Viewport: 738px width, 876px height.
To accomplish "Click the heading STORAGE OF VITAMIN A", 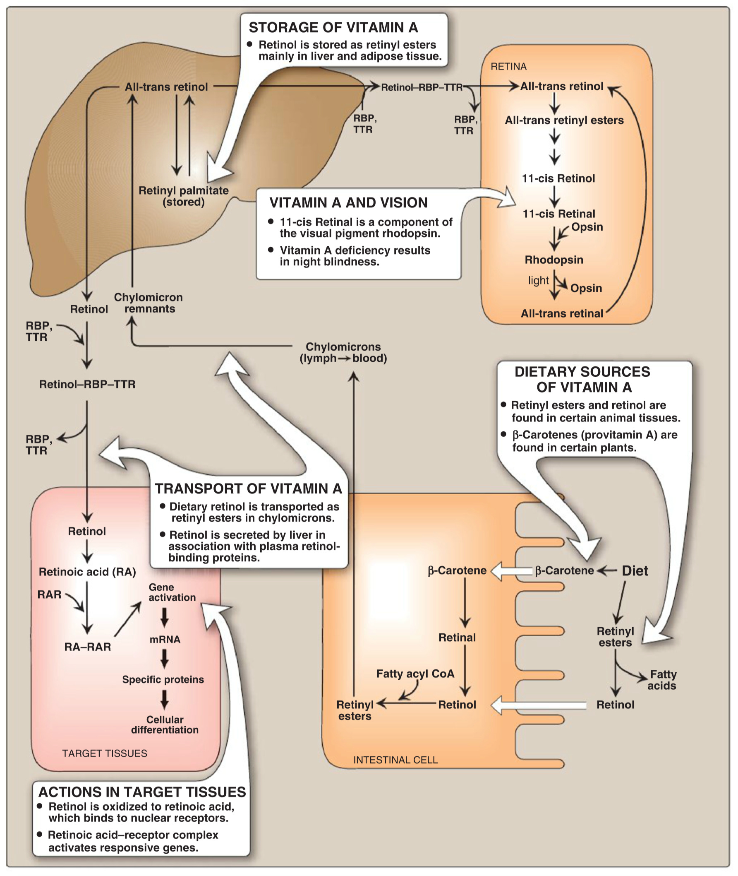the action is (x=333, y=28).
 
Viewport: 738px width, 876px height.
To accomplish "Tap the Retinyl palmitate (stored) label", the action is (x=184, y=196).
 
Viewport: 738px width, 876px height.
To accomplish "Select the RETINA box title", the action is (x=508, y=67).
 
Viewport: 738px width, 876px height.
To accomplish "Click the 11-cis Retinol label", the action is (x=558, y=178).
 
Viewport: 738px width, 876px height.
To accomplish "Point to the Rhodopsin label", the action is (x=554, y=260).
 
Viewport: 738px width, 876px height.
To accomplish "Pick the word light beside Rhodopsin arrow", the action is (x=538, y=280).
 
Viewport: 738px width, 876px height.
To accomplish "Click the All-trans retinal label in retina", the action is (x=562, y=313).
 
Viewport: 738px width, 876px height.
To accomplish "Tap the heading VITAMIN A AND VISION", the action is (x=348, y=203).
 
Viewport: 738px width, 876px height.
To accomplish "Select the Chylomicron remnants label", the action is (x=149, y=303).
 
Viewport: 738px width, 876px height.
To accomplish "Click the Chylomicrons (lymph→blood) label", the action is (x=343, y=353).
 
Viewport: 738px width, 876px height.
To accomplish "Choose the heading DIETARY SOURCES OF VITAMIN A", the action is (x=582, y=379).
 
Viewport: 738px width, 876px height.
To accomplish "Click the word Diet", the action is (x=635, y=571).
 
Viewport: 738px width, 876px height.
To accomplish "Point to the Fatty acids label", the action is (x=662, y=680).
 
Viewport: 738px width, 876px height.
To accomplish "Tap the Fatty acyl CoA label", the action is (x=415, y=673).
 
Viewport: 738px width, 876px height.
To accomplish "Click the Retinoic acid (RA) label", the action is (x=87, y=572).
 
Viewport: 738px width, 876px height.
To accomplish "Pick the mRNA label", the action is (x=165, y=640).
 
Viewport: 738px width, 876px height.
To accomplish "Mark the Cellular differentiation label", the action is (x=165, y=725).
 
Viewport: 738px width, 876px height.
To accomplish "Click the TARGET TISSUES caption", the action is (x=105, y=753).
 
